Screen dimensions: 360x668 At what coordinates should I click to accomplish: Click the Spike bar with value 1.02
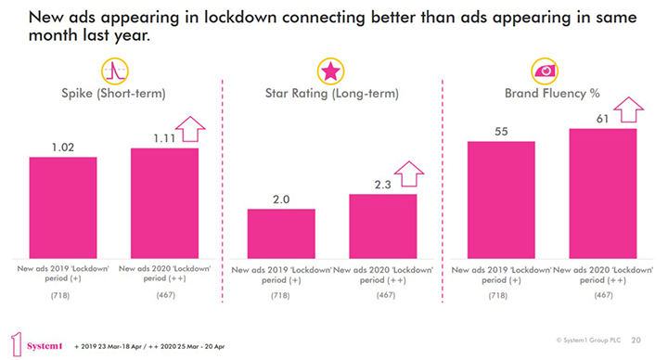[x=63, y=208]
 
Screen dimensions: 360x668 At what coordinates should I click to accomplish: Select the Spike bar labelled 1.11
[x=164, y=203]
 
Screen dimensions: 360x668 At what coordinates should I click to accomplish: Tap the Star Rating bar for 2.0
[x=281, y=234]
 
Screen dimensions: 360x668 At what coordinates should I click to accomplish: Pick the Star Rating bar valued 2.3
[x=383, y=226]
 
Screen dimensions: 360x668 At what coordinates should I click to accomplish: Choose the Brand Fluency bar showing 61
[x=602, y=194]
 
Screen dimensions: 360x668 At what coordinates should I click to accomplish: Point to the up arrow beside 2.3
[x=408, y=174]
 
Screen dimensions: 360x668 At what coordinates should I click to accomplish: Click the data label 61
[x=601, y=118]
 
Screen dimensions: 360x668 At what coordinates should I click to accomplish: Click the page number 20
[x=636, y=341]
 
